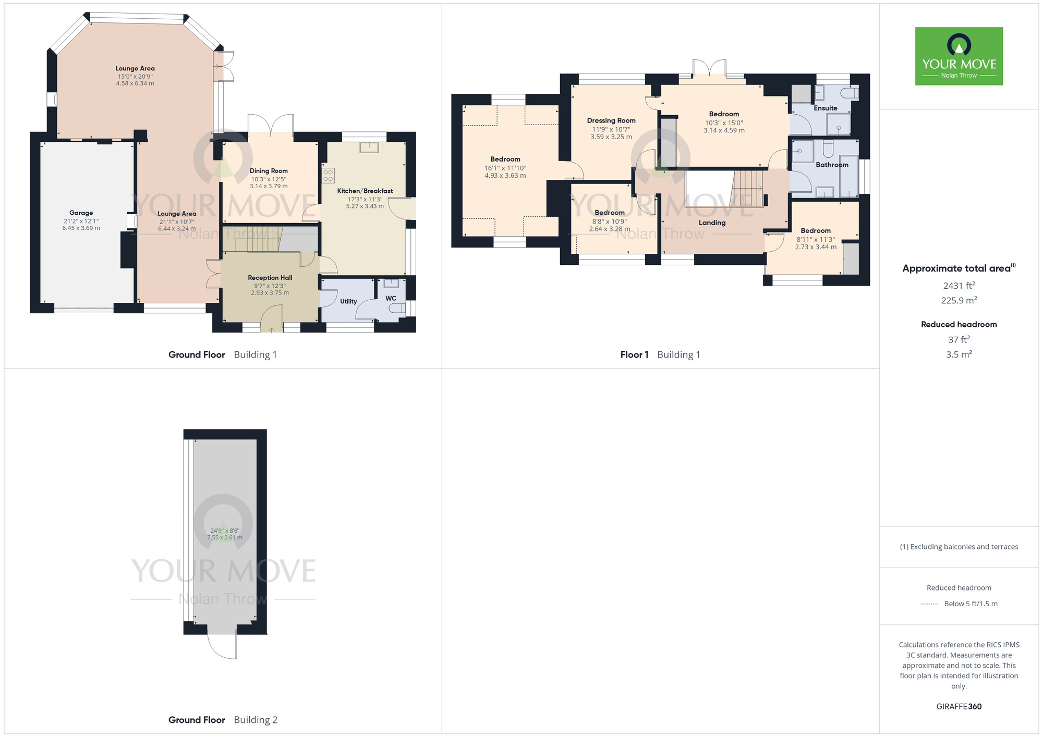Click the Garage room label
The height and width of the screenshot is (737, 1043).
[81, 213]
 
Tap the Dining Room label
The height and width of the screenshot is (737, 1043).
[269, 171]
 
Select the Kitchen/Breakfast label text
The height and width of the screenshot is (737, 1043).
[365, 191]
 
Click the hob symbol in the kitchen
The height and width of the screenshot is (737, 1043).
[328, 176]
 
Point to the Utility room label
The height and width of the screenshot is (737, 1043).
[348, 301]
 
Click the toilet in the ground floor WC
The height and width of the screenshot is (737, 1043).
[397, 309]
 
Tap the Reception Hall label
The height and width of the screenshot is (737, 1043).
[270, 278]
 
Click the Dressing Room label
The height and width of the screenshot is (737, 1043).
[611, 120]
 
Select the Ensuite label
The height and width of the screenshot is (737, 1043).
[826, 108]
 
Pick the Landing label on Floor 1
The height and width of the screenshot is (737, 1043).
[712, 223]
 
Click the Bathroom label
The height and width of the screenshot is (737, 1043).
[832, 165]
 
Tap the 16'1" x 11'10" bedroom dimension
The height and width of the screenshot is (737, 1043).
[505, 168]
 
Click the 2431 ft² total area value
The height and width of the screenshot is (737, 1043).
[959, 286]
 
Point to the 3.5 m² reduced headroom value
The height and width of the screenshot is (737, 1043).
[959, 354]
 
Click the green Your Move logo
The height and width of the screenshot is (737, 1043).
[959, 56]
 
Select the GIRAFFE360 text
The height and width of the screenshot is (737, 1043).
[959, 707]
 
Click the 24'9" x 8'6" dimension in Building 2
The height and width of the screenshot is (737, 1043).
[225, 531]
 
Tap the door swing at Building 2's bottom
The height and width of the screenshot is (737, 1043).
[223, 646]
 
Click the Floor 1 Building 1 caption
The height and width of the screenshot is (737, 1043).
[660, 355]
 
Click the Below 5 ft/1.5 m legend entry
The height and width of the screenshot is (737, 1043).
[970, 604]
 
